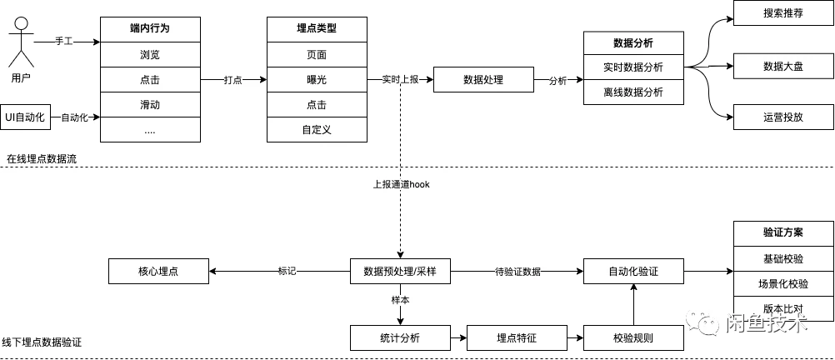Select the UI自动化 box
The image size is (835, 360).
(x=29, y=117)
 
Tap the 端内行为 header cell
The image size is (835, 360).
(x=150, y=28)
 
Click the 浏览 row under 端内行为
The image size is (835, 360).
(x=150, y=54)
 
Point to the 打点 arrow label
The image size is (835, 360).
(x=233, y=80)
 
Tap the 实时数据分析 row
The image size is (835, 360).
(x=633, y=67)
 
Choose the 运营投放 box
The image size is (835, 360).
(x=782, y=117)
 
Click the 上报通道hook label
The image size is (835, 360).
(x=400, y=184)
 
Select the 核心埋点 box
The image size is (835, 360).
(x=158, y=271)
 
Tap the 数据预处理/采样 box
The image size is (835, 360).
(x=400, y=271)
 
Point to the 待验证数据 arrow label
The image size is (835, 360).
(x=517, y=271)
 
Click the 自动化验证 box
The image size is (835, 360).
(x=633, y=271)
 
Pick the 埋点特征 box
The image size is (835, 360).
(x=517, y=337)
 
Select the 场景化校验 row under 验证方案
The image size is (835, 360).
(x=782, y=283)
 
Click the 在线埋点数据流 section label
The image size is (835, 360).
(x=42, y=158)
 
